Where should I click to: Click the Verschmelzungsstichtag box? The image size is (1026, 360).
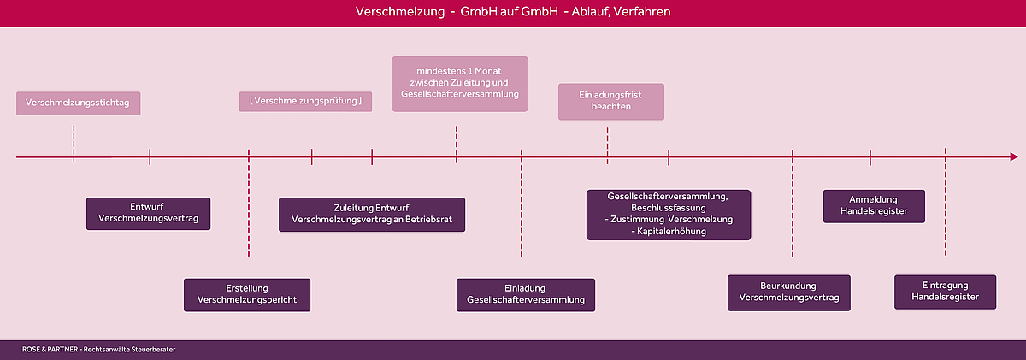click(79, 103)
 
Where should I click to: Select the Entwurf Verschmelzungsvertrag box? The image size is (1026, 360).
click(149, 214)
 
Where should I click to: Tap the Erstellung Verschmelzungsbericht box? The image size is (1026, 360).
click(247, 295)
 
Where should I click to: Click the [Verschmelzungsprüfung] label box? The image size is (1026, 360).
click(305, 101)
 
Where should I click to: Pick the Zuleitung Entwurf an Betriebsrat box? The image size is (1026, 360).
click(372, 215)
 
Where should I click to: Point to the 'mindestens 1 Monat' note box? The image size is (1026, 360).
click(460, 84)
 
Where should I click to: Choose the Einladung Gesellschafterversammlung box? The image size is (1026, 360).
click(526, 295)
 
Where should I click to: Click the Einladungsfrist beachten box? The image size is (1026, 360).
click(611, 101)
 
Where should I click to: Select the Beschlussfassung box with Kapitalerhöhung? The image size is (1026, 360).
click(669, 215)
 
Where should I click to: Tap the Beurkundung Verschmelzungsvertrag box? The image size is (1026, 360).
click(788, 292)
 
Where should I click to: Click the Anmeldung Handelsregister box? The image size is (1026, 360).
click(874, 206)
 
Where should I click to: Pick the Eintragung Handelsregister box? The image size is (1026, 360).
click(945, 292)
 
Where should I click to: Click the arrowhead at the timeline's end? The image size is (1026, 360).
click(1015, 157)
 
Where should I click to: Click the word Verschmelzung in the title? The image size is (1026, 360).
click(400, 11)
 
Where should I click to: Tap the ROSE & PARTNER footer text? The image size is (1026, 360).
click(98, 350)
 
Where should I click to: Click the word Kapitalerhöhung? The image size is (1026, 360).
click(671, 231)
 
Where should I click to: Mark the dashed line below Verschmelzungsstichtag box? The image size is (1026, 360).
click(74, 144)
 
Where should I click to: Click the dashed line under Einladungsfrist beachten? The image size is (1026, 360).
click(608, 145)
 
